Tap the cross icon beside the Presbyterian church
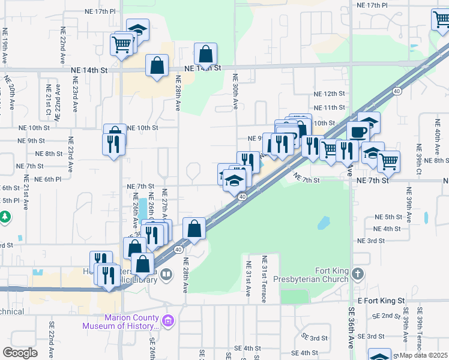(x=358, y=274)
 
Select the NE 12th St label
(x=330, y=94)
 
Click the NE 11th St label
(x=330, y=107)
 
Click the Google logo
(x=20, y=353)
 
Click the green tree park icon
(x=4, y=217)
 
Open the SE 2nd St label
(x=386, y=316)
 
